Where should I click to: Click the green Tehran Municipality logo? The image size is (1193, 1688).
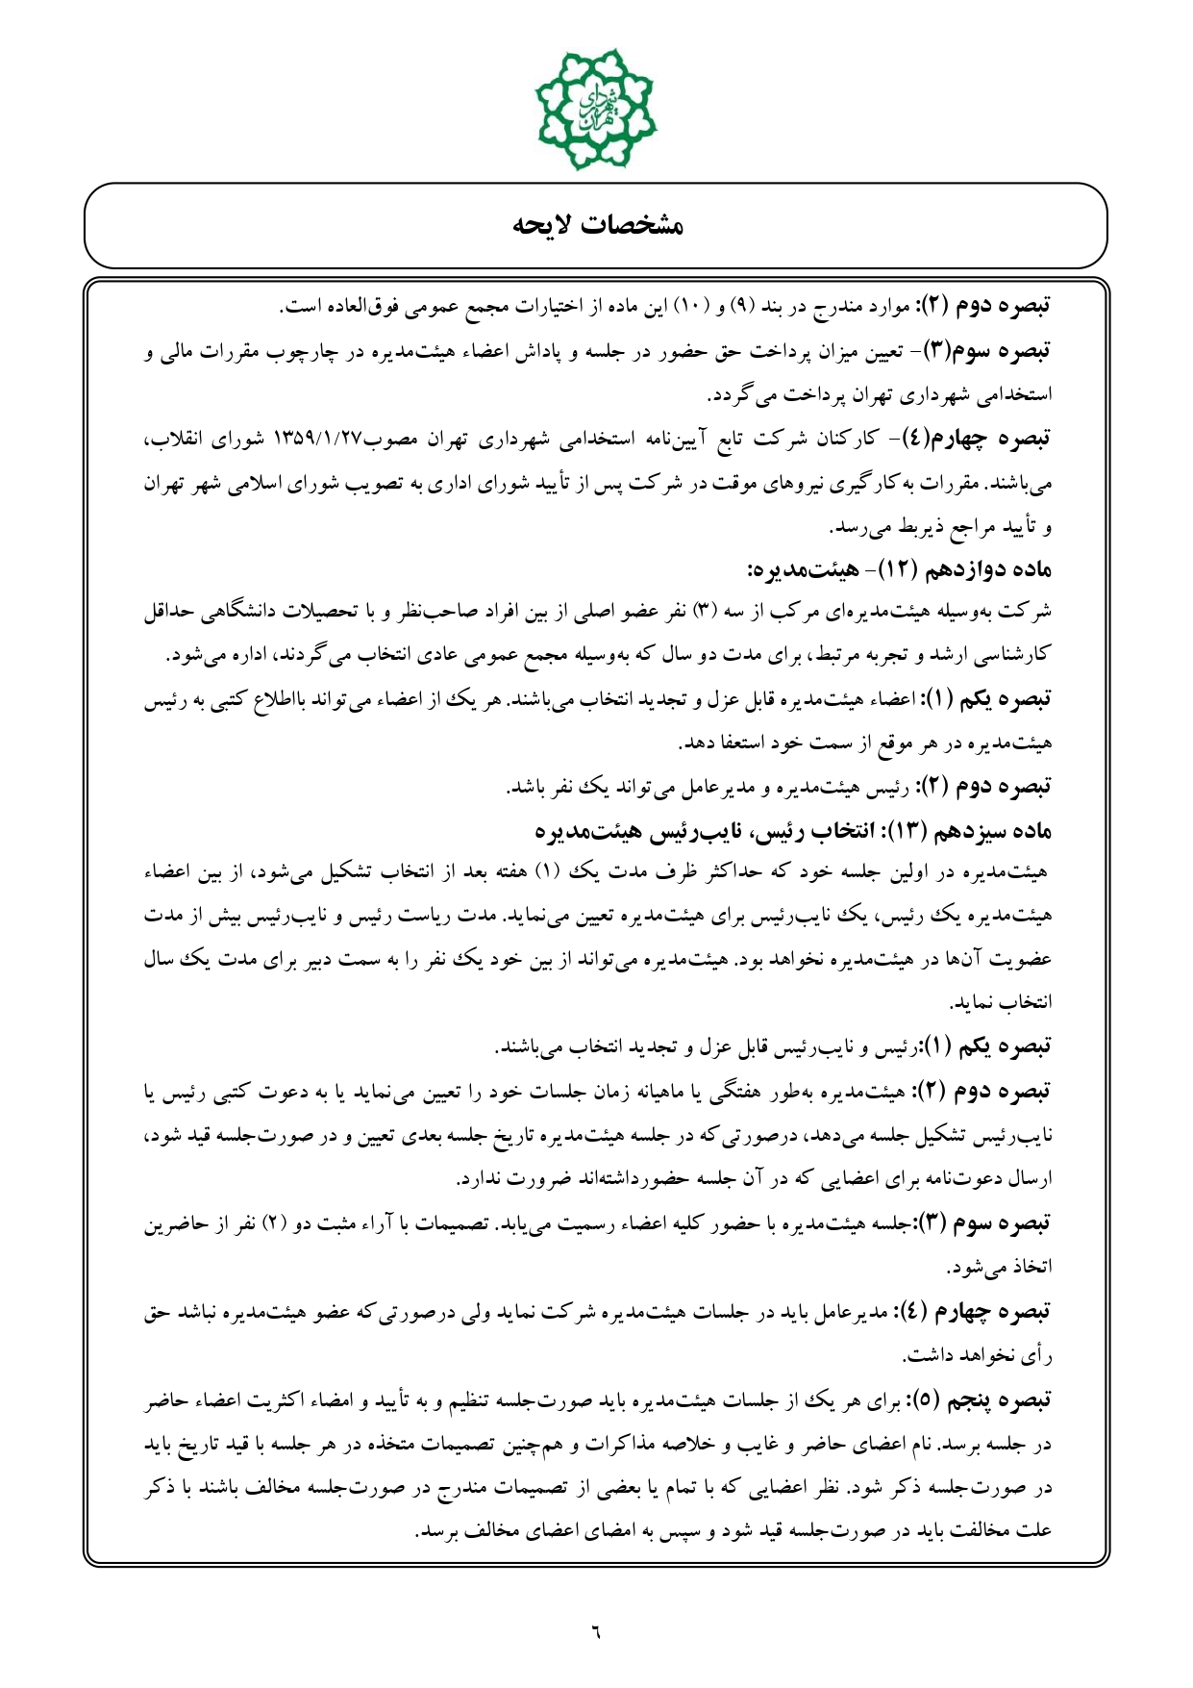click(596, 109)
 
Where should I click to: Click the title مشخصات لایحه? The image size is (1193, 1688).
click(596, 226)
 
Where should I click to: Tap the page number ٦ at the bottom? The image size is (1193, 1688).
click(595, 1630)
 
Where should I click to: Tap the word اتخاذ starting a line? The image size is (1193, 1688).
click(1032, 1268)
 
